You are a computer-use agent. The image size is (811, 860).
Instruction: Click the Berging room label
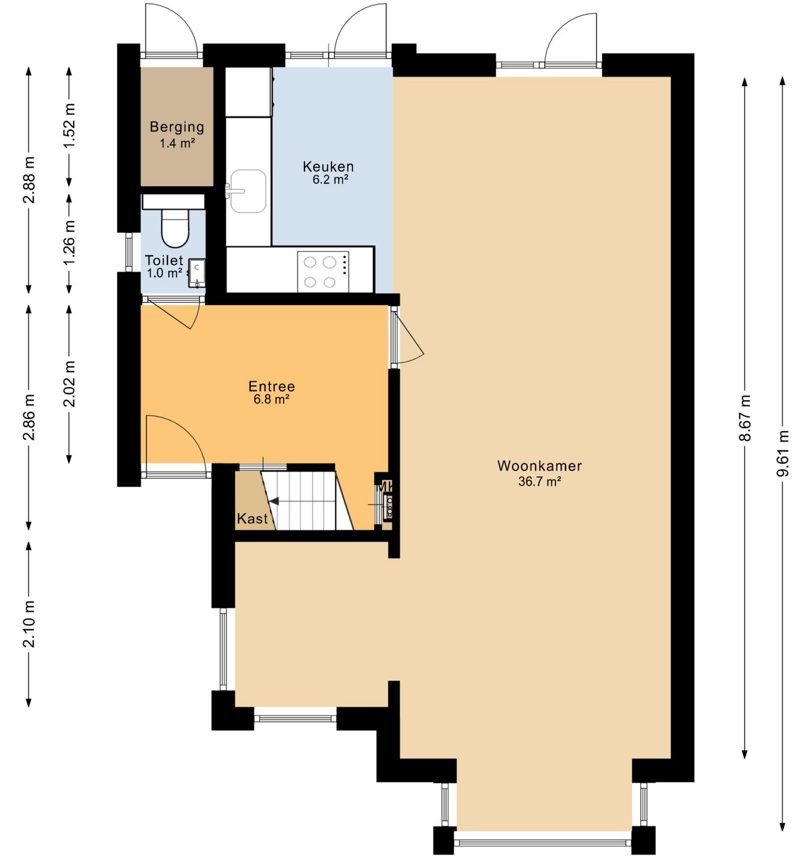pyautogui.click(x=177, y=127)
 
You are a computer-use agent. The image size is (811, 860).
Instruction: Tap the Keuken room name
pyautogui.click(x=328, y=166)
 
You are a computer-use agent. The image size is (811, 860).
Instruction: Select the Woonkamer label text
pyautogui.click(x=539, y=466)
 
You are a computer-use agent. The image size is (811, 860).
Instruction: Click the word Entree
pyautogui.click(x=272, y=386)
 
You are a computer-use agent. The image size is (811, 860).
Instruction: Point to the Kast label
pyautogui.click(x=252, y=518)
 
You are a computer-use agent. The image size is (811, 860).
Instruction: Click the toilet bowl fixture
pyautogui.click(x=174, y=228)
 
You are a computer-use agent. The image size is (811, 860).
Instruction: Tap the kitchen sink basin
pyautogui.click(x=248, y=191)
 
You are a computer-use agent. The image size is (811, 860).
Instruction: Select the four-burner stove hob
pyautogui.click(x=323, y=272)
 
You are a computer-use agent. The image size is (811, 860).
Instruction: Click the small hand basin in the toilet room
pyautogui.click(x=196, y=274)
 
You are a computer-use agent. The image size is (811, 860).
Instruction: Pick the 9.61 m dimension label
pyautogui.click(x=782, y=453)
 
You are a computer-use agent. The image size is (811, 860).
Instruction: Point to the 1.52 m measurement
pyautogui.click(x=69, y=126)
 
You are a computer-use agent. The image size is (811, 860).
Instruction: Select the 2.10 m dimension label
pyautogui.click(x=29, y=624)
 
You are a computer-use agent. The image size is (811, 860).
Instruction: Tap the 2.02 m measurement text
pyautogui.click(x=69, y=383)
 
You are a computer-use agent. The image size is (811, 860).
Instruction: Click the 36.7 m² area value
pyautogui.click(x=540, y=481)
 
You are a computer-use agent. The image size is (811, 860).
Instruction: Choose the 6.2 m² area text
pyautogui.click(x=331, y=179)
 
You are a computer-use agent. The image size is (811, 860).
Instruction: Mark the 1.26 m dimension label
pyautogui.click(x=69, y=242)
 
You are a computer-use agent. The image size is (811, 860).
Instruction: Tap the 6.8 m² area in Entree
pyautogui.click(x=272, y=400)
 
